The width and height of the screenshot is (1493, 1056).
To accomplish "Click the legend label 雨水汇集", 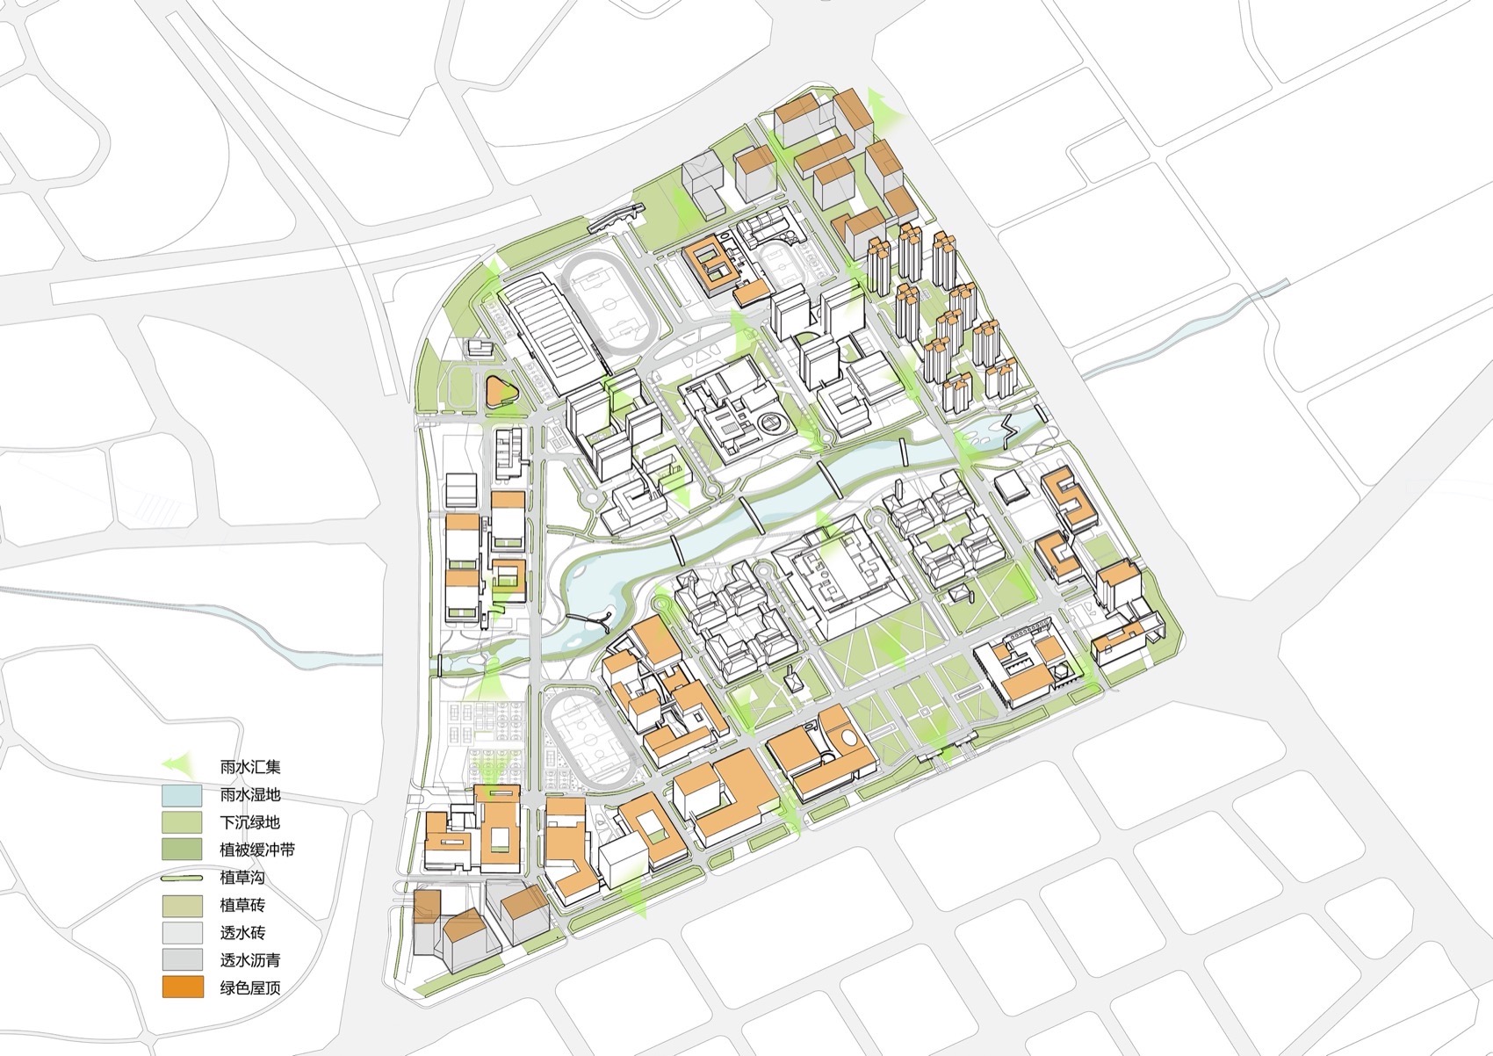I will click(250, 767).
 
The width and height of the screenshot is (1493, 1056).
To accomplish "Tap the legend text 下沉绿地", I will click(250, 823).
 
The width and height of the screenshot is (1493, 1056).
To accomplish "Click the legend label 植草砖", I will click(242, 905).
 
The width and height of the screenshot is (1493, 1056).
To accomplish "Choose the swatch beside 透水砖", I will click(183, 932).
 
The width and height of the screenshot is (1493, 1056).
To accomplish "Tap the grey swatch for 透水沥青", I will click(183, 959).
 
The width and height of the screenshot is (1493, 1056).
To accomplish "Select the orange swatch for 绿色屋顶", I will click(183, 987).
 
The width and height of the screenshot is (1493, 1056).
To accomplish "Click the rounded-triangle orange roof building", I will click(501, 389).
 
